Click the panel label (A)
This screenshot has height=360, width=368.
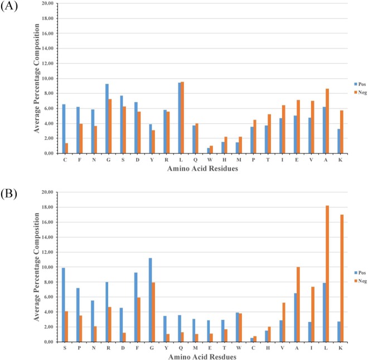(11, 7)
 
